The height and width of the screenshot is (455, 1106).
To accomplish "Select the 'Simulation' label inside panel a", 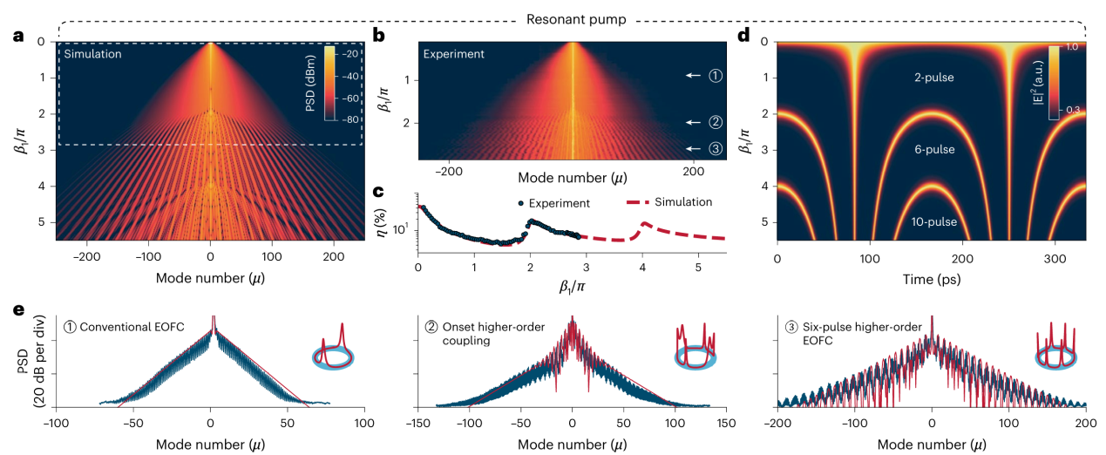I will tap(92, 55).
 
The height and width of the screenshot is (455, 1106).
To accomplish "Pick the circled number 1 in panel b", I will tap(716, 76).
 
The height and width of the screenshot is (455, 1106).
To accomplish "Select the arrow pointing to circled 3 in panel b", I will tap(694, 149).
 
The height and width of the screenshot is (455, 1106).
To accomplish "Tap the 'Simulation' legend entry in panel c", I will tap(668, 202).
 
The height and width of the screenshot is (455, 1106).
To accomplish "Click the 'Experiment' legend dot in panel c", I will tap(519, 203).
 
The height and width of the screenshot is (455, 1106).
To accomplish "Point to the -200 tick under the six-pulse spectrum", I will tap(777, 424).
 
